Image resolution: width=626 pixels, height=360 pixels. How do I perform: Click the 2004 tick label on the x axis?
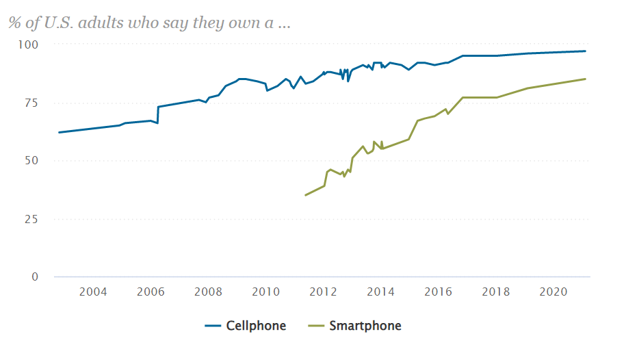pos(93,292)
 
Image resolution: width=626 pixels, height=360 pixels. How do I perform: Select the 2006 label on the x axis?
pos(151,292)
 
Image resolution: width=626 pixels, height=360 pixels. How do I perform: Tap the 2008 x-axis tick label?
pos(208,292)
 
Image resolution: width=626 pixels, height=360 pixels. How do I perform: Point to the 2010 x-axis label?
pos(265,292)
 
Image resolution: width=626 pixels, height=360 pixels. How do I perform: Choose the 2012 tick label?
pos(323,292)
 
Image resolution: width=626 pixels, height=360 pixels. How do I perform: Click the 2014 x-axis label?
pos(380,292)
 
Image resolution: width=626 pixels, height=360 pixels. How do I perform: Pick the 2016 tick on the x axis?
pos(438,292)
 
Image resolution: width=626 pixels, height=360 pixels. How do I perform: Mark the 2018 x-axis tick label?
pos(495,292)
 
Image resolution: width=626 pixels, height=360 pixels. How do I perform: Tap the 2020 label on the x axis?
pos(553,292)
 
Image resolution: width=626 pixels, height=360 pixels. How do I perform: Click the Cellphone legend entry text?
pos(256,326)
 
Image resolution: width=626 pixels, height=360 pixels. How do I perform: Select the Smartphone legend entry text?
pos(365,326)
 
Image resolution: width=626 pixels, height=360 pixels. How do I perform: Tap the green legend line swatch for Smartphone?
pos(316,326)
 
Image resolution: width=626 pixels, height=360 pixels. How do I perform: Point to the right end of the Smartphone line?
pos(586,79)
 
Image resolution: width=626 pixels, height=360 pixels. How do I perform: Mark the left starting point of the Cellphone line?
pos(59,132)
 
